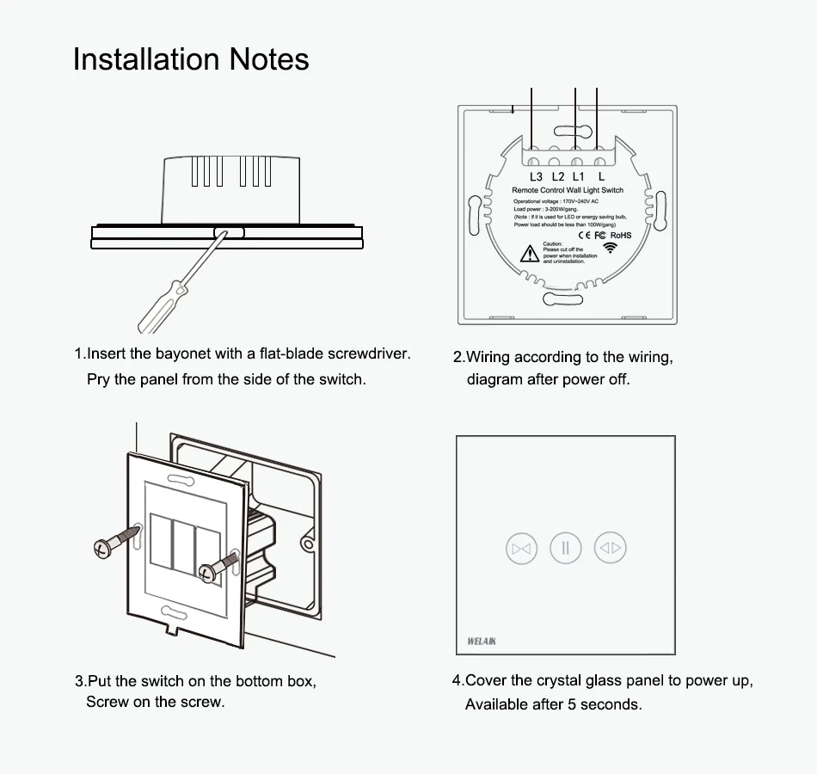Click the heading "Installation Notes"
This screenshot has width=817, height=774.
pos(191,59)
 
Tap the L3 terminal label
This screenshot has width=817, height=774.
pos(536,176)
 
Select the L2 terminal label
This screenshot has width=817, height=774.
pos(558,176)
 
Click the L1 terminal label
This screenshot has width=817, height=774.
pos(579,176)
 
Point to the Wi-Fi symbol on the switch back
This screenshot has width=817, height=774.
pos(611,248)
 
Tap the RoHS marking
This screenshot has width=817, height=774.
pos(621,235)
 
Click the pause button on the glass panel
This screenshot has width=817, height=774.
pos(566,548)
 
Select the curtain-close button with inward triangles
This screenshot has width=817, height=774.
pos(522,548)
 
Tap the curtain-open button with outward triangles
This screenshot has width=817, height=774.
pos(610,548)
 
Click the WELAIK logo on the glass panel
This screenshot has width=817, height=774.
pos(482,641)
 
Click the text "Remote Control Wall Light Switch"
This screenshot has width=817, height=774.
pos(568,190)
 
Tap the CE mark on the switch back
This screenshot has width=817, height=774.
pos(582,235)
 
